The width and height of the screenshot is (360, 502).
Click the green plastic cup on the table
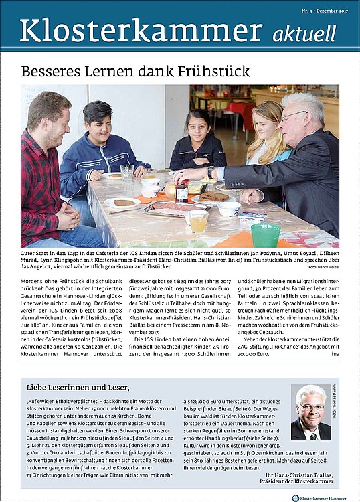tap(265, 234)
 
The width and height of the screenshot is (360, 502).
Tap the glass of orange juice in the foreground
tap(197, 221)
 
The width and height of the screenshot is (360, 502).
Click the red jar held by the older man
tap(182, 192)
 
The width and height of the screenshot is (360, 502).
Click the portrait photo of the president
tap(310, 412)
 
